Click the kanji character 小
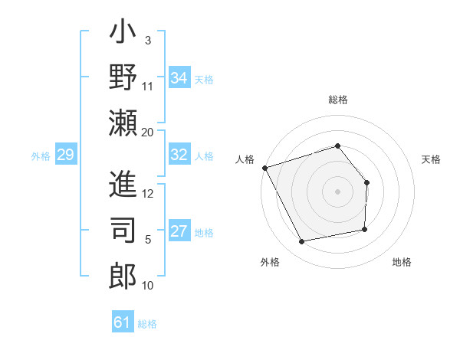pos(123,35)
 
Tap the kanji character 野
pos(123,80)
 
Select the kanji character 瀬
pos(123,124)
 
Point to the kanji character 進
pos(123,184)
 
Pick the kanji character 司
pos(123,228)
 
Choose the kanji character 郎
pos(123,273)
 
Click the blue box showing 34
pos(179,77)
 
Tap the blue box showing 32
pos(179,155)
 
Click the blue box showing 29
pos(65,155)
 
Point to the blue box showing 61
pos(123,322)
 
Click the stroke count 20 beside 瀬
pos(148,133)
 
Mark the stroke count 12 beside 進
pos(148,193)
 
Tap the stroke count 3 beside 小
pos(148,40)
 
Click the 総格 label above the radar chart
pos(337,100)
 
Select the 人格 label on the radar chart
pos(245,159)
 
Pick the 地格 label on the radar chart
pos(402,262)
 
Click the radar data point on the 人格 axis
pos(264,168)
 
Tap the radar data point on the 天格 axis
pos(366,182)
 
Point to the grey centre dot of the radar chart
pos(337,191)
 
